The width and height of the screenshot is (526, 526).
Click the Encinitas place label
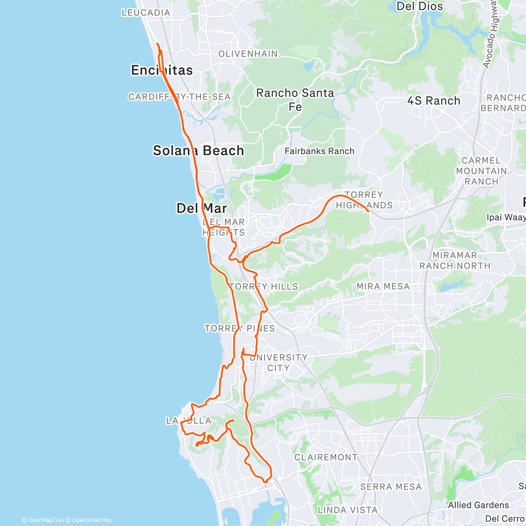[x=162, y=70]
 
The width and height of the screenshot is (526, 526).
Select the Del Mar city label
[x=202, y=208]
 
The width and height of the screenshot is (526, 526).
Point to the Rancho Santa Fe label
[x=295, y=100]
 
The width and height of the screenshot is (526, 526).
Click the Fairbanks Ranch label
[x=319, y=151]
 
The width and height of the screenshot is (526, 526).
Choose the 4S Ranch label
[x=434, y=101]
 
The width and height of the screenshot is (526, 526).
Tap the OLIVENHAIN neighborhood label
[x=248, y=54]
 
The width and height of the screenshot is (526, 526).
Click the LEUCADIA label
[x=146, y=13]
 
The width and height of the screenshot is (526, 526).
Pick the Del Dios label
[x=419, y=6]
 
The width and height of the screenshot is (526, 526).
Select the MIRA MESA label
[x=383, y=287]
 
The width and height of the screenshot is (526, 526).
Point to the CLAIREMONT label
[x=326, y=458]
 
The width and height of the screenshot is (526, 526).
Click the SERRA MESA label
[x=391, y=487]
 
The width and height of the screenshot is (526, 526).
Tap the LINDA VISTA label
[x=347, y=510]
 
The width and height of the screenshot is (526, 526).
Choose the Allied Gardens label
[x=478, y=505]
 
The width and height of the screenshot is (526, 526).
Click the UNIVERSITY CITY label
[x=278, y=363]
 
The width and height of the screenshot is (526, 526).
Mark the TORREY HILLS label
[x=264, y=287]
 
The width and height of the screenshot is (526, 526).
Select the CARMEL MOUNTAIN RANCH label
[x=481, y=171]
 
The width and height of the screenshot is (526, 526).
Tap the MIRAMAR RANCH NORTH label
[x=455, y=260]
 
